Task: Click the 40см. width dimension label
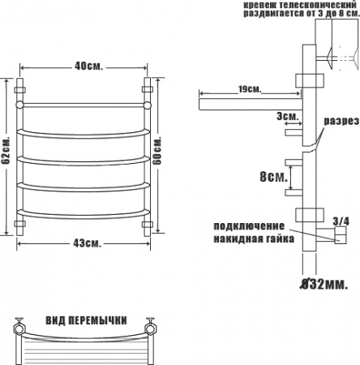click(88, 66)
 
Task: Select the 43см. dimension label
click(88, 243)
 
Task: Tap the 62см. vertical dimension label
click(6, 150)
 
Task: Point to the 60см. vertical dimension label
click(156, 151)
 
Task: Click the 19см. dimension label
click(250, 89)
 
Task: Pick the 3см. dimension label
click(288, 116)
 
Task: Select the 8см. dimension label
click(273, 177)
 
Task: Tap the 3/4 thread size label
click(341, 221)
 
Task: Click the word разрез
click(341, 121)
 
